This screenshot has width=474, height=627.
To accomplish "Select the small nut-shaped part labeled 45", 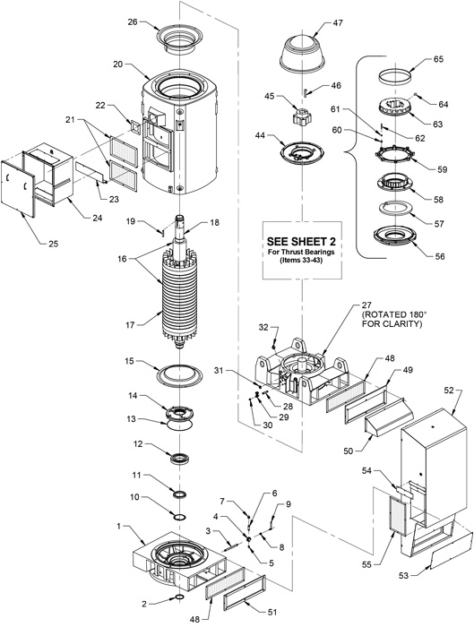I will [x=297, y=119].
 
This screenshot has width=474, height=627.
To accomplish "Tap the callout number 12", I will [x=139, y=445].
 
